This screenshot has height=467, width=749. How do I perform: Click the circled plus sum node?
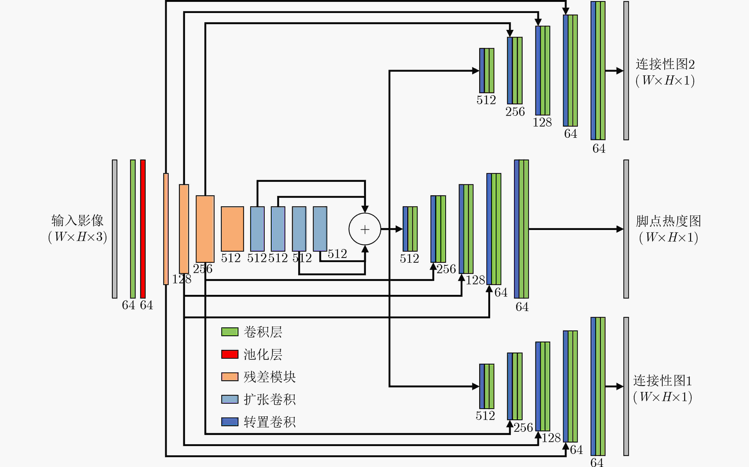[x=365, y=229]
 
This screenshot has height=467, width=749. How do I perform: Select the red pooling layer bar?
[x=143, y=229]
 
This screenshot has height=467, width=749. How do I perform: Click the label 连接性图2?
[x=665, y=64]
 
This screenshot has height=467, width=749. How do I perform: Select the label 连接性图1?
[x=662, y=380]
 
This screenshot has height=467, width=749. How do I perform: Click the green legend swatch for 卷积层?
[x=230, y=332]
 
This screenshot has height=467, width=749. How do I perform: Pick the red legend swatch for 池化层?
[x=230, y=354]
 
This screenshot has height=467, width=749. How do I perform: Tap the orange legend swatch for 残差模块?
[x=230, y=377]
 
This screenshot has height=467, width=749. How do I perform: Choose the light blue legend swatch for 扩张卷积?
[x=230, y=399]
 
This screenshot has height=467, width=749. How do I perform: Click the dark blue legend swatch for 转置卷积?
[x=230, y=422]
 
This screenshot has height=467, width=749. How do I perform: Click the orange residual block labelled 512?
[x=232, y=229]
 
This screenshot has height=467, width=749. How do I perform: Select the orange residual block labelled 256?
[x=205, y=229]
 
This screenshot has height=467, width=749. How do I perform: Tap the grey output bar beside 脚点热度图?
[x=626, y=229]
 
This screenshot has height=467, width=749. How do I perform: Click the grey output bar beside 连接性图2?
[x=626, y=71]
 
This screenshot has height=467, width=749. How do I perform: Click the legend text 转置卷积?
[x=269, y=422]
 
